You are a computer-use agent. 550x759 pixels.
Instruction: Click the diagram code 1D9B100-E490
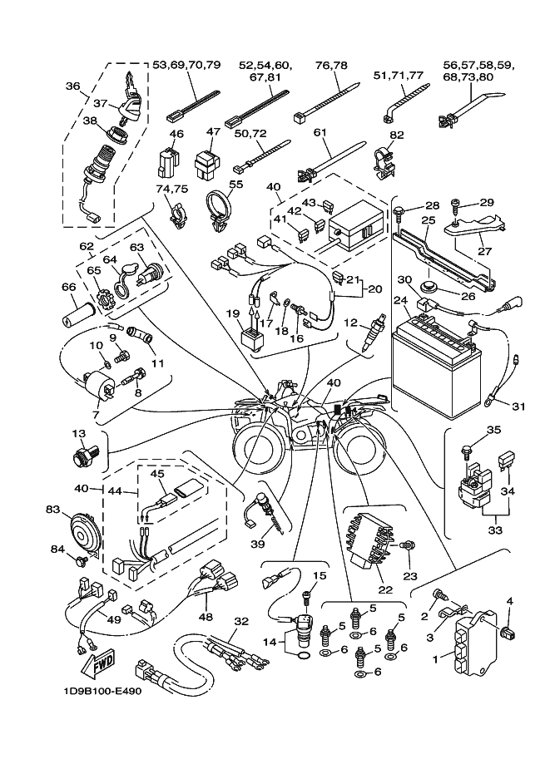[101, 690]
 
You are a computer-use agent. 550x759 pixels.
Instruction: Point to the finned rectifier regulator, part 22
[371, 543]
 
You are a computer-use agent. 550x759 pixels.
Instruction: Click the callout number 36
[72, 86]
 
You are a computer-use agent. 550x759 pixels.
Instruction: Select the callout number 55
[235, 185]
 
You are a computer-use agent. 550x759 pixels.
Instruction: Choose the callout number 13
[79, 434]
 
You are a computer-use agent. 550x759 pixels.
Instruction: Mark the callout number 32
[241, 621]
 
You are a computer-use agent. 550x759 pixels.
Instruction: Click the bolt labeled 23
[408, 546]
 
